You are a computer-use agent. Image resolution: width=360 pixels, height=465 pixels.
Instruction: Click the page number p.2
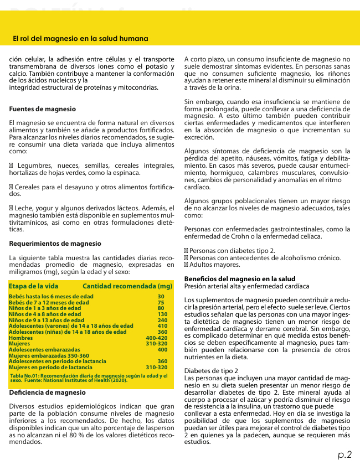tap(345, 454)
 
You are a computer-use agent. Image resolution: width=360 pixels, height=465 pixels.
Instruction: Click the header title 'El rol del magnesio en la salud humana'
tap(80, 39)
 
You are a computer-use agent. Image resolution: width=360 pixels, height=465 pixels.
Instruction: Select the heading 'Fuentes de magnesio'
tap(43, 109)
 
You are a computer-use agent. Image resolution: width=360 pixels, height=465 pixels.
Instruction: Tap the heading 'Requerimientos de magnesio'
tap(55, 244)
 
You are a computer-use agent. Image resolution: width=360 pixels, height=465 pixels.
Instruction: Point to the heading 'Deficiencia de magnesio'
tap(48, 392)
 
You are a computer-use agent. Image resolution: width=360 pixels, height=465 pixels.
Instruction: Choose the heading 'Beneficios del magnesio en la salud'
tap(240, 279)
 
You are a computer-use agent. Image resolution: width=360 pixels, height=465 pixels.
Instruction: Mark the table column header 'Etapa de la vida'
tap(34, 286)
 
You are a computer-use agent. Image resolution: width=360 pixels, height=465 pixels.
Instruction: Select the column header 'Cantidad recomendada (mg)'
tap(127, 286)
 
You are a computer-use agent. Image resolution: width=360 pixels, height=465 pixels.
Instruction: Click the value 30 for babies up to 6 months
tap(161, 297)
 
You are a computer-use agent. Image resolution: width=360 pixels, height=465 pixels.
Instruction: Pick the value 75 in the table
tap(161, 303)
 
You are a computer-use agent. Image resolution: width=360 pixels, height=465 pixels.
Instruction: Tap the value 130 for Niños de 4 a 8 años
tap(162, 314)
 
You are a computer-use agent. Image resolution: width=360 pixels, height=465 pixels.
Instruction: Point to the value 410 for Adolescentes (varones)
tap(162, 326)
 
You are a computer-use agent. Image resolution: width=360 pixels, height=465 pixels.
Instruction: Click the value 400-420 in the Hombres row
tap(156, 338)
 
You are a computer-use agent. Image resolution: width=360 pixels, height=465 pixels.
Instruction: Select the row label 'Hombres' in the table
tap(21, 338)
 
